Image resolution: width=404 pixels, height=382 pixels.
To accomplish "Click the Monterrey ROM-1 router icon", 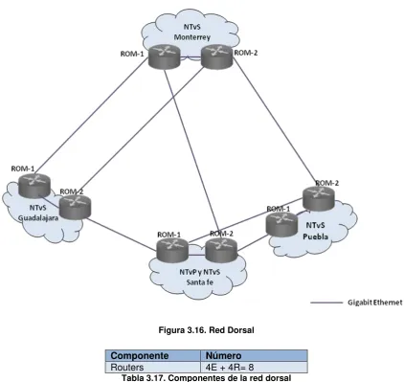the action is tap(165, 56).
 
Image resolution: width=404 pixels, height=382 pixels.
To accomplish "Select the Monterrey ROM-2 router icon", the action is tap(217, 56).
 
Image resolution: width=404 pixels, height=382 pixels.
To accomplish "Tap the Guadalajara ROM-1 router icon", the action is tap(34, 186).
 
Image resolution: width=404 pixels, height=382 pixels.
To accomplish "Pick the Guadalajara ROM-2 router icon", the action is tap(75, 207).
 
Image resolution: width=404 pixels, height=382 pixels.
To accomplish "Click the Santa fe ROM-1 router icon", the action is tap(172, 250).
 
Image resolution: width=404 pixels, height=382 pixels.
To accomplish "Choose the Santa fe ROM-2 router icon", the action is tap(221, 250).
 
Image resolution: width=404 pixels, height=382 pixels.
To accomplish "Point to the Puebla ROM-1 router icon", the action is tap(281, 224).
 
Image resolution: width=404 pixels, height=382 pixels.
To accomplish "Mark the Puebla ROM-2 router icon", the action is tap(319, 198).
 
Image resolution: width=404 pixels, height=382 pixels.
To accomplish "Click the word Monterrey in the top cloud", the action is tap(192, 37).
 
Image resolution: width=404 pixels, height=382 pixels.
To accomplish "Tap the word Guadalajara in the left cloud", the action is tap(38, 218).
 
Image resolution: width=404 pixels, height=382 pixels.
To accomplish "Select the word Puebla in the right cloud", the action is tap(315, 236).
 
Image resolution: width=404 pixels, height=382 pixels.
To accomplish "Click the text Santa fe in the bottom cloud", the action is tap(200, 282).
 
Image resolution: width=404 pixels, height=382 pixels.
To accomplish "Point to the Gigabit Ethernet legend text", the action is tap(375, 302).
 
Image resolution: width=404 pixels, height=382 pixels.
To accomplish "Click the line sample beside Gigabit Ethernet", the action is tap(326, 303).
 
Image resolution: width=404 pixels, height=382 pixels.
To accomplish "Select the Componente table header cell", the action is tap(153, 355).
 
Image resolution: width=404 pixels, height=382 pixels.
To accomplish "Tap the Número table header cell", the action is tap(254, 355).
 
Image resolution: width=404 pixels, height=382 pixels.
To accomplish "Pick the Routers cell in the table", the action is tap(153, 367).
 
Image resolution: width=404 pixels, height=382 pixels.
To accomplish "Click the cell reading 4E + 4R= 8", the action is tap(254, 367).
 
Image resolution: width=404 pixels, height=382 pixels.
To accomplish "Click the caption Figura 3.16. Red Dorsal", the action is tap(206, 330).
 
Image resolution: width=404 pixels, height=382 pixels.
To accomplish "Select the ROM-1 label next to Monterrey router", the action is tap(132, 54).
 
